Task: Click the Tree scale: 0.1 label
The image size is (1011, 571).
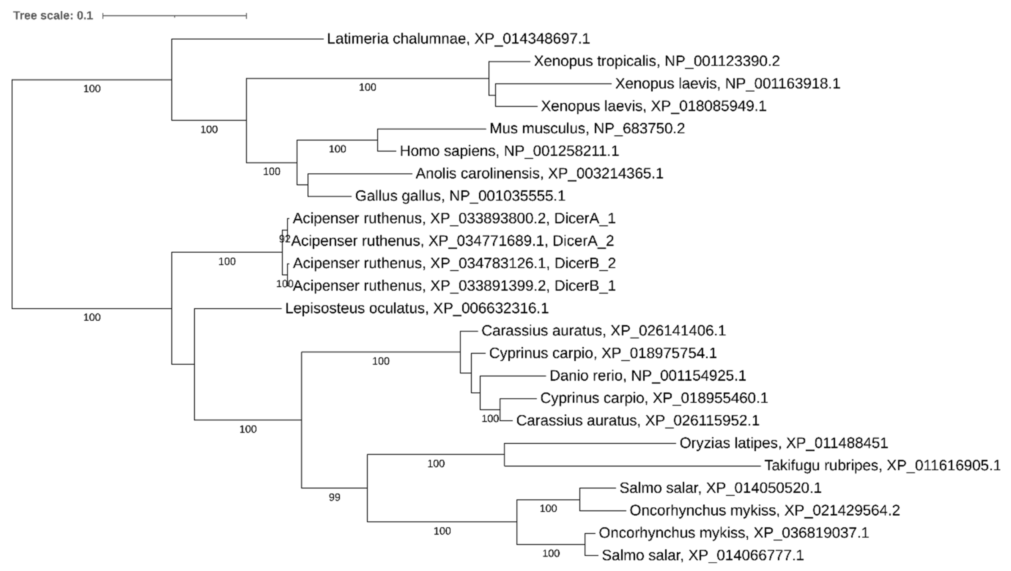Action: tap(53, 16)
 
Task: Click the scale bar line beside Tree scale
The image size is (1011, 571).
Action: tap(175, 16)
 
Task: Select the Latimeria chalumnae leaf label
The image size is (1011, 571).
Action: tap(458, 39)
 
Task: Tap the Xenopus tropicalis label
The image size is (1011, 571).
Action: tap(656, 61)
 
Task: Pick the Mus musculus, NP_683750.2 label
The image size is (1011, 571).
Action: tap(587, 128)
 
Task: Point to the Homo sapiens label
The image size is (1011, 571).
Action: tap(509, 151)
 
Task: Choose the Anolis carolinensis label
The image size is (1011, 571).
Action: tap(539, 173)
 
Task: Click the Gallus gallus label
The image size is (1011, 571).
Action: tap(460, 195)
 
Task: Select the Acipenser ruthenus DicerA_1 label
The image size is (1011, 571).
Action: tap(454, 218)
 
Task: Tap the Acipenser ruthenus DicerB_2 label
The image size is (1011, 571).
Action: tap(454, 263)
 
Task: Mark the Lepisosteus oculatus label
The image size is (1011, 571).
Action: tap(416, 308)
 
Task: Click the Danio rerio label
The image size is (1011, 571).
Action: tap(647, 376)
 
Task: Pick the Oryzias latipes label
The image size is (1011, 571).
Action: tap(783, 443)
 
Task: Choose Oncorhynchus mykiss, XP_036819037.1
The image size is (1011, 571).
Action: tap(733, 533)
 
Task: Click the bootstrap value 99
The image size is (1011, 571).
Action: tap(334, 498)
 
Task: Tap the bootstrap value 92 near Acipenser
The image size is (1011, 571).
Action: tap(284, 239)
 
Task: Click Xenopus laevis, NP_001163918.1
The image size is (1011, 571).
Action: tap(727, 84)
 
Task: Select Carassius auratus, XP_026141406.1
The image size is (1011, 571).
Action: tap(603, 331)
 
